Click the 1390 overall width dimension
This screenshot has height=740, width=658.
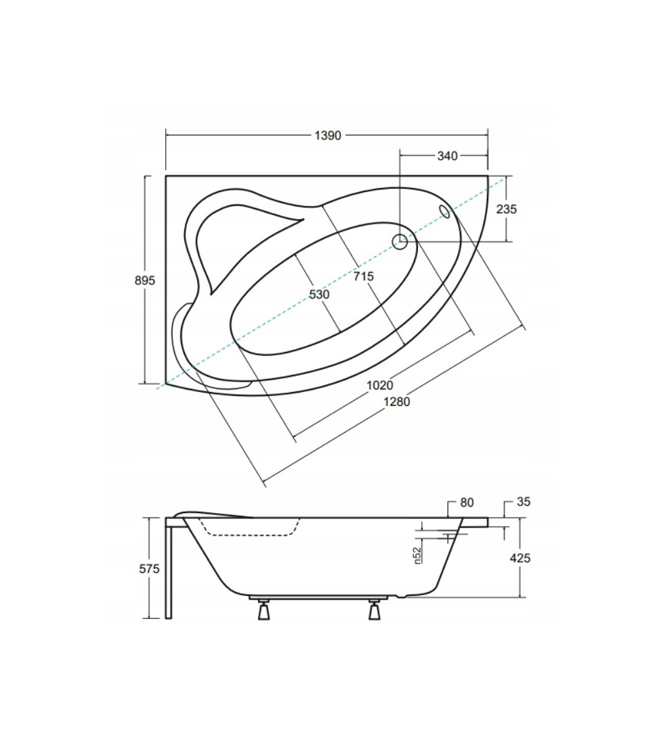coord(328,136)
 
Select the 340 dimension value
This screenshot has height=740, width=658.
coord(447,156)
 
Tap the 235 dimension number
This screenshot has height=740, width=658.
coord(507,209)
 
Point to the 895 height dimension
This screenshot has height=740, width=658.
coord(145,280)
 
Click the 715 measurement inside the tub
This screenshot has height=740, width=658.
coord(363,276)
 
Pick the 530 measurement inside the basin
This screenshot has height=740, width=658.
coord(319,294)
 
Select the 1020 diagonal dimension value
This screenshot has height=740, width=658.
coord(380,385)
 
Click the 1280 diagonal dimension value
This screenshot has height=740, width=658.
coord(397,402)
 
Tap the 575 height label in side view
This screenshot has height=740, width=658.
coord(149,569)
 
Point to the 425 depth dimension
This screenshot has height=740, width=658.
coord(520,558)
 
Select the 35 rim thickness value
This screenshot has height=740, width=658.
coord(524,502)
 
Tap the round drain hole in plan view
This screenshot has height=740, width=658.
coord(400,241)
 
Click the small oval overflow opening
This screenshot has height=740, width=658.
coord(445,211)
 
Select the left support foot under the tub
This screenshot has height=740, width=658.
coord(263,610)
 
